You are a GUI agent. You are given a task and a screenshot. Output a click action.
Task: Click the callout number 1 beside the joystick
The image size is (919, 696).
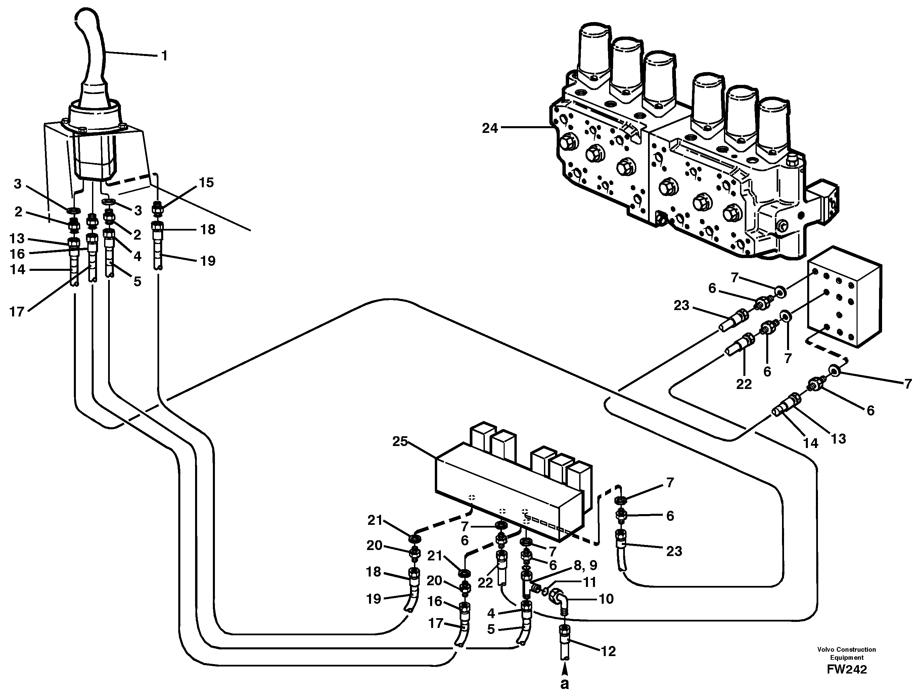[165, 56]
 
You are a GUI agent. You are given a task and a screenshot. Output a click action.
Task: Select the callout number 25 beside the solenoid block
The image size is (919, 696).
[400, 441]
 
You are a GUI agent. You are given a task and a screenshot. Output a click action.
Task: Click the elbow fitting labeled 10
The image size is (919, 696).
[558, 599]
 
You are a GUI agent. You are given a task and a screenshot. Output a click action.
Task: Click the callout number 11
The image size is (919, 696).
[590, 582]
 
